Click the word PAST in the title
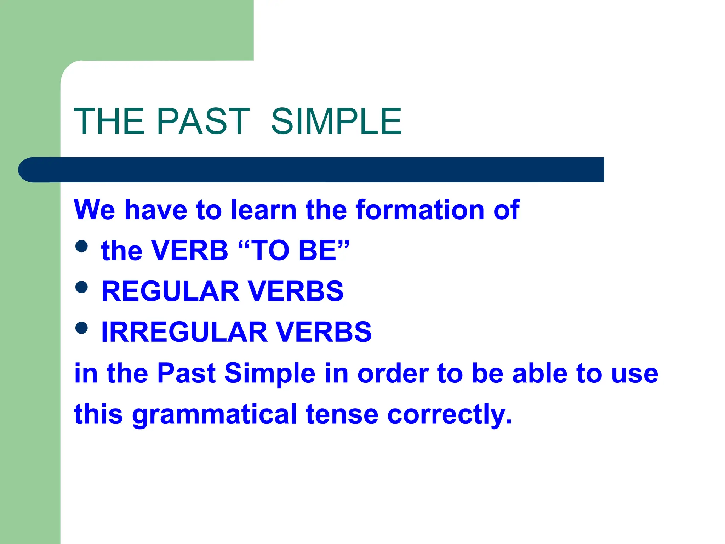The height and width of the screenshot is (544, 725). pyautogui.click(x=203, y=121)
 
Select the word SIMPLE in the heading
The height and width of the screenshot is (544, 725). pyautogui.click(x=336, y=121)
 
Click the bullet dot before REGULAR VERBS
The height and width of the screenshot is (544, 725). pyautogui.click(x=81, y=287)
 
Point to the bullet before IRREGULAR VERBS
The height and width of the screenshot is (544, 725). pyautogui.click(x=81, y=328)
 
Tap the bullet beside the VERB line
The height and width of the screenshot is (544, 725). pyautogui.click(x=81, y=246)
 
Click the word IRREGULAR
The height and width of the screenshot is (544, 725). pyautogui.click(x=184, y=332)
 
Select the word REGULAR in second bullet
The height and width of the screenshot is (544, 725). pyautogui.click(x=170, y=291)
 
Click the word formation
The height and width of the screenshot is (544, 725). pyautogui.click(x=420, y=210)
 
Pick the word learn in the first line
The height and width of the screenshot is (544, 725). pyautogui.click(x=264, y=210)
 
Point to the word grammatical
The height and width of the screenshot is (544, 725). pyautogui.click(x=215, y=414)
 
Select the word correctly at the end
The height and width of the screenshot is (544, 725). pyautogui.click(x=450, y=414)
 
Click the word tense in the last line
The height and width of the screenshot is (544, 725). pyautogui.click(x=342, y=414)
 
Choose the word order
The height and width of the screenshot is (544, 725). pyautogui.click(x=393, y=373)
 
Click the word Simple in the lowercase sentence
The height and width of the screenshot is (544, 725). pyautogui.click(x=270, y=373)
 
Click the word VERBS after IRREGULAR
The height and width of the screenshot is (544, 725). pyautogui.click(x=324, y=332)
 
